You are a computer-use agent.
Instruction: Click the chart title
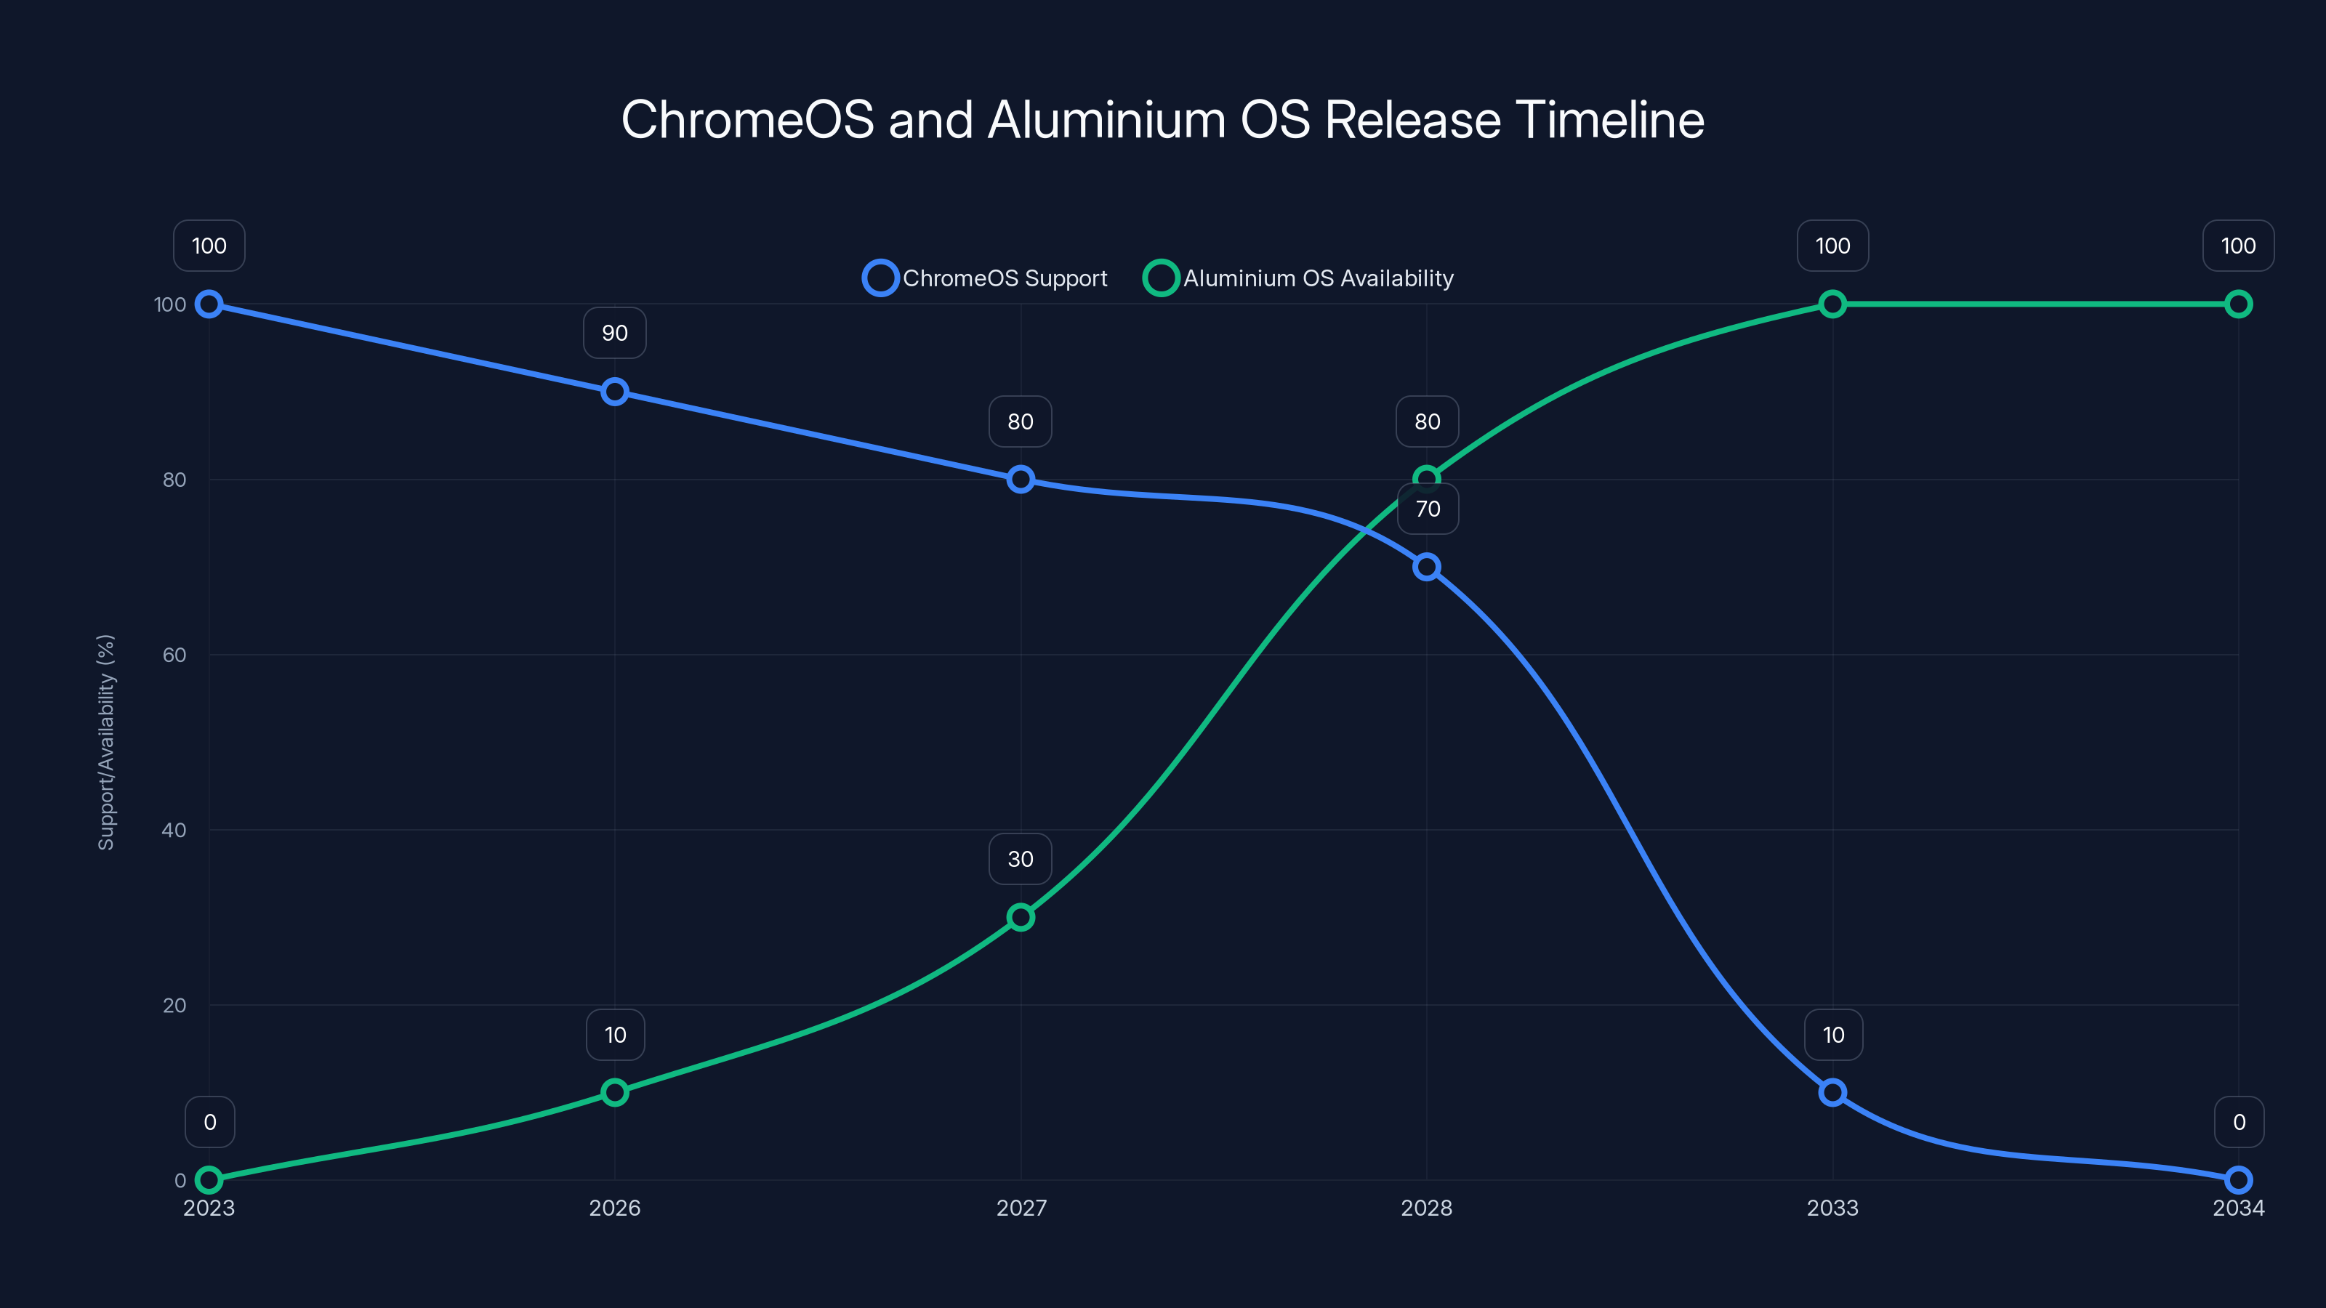tap(1162, 120)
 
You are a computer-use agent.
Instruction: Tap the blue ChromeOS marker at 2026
tap(615, 392)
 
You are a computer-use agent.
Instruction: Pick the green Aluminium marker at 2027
tap(1021, 917)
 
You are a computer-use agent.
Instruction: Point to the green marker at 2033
tap(1832, 304)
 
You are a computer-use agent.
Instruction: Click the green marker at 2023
tap(209, 1180)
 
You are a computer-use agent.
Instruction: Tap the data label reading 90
tap(615, 333)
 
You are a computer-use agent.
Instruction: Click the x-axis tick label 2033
tap(1832, 1208)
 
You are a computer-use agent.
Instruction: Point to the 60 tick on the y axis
tap(174, 655)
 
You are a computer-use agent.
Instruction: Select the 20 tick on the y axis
tap(174, 1005)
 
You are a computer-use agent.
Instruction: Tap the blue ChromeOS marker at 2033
tap(1832, 1092)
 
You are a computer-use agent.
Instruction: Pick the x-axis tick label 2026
tap(615, 1208)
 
